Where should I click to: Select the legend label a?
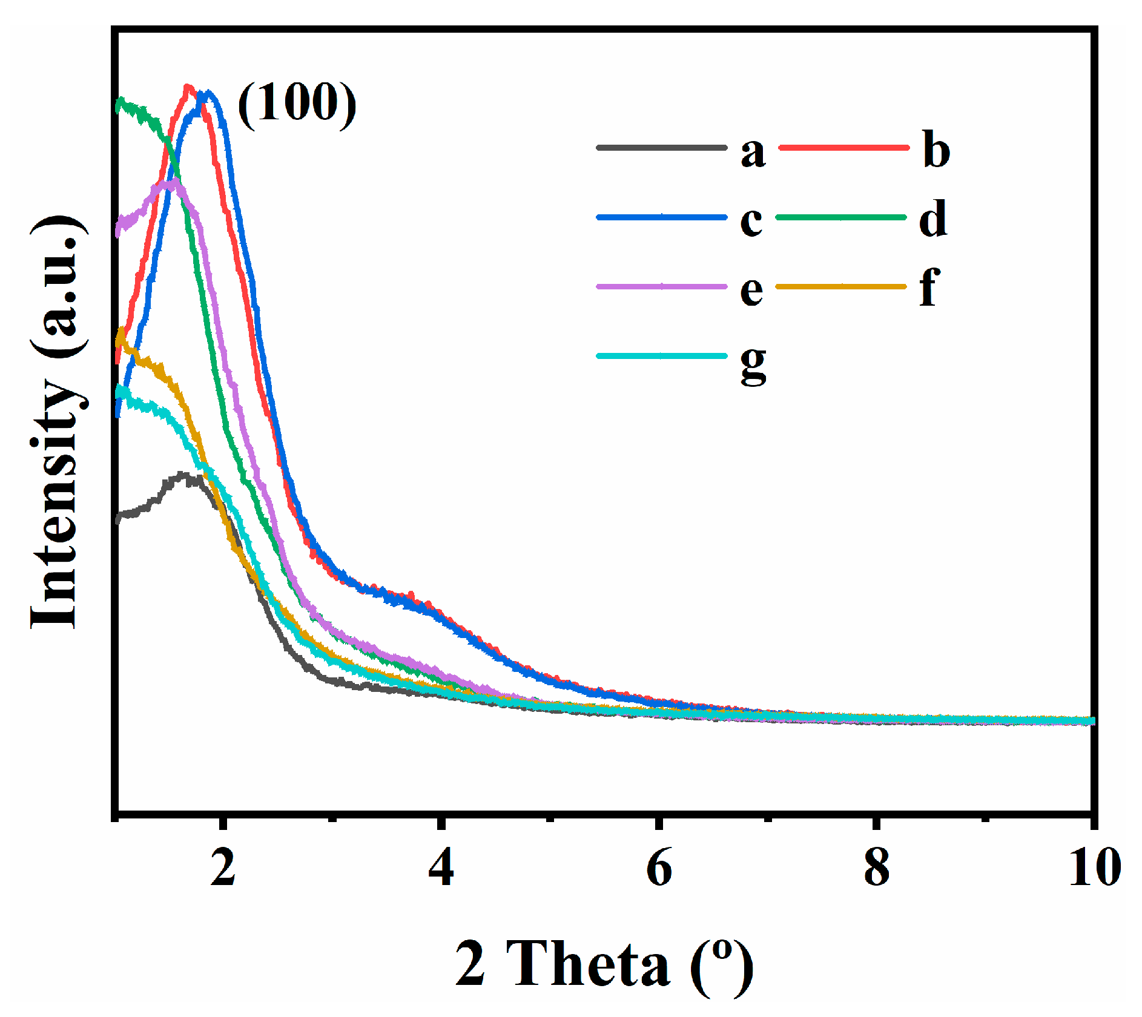tap(753, 153)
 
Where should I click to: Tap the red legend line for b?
tap(843, 147)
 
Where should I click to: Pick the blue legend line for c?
tap(661, 217)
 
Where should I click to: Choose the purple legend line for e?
tap(661, 286)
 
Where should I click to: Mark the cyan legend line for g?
tap(661, 356)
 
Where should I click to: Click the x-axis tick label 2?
tap(223, 867)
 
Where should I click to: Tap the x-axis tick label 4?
tap(441, 867)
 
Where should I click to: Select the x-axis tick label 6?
tap(659, 867)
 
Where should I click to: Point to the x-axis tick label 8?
tap(876, 867)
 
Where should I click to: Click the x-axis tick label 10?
tap(1094, 867)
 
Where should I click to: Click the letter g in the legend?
tap(753, 366)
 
